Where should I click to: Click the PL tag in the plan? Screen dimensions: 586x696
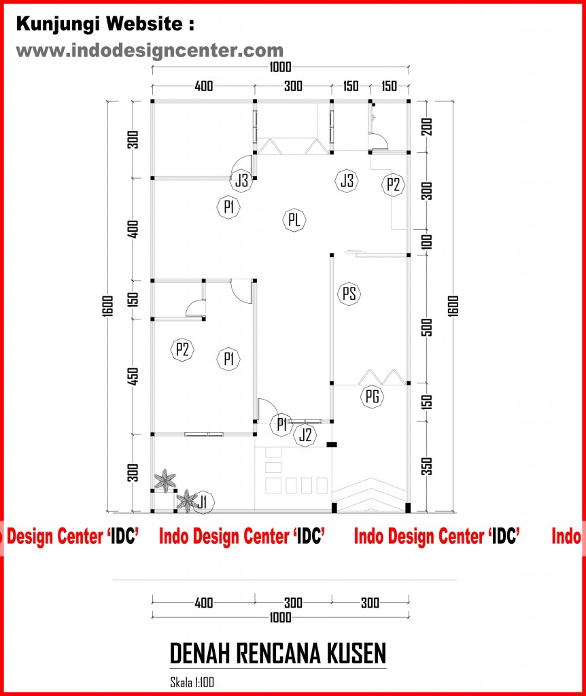tap(294, 220)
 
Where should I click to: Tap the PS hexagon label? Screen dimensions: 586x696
tap(349, 294)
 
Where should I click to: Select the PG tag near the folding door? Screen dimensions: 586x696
tap(372, 396)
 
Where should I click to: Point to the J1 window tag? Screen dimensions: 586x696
tap(203, 502)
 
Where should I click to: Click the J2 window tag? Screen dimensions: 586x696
tap(305, 434)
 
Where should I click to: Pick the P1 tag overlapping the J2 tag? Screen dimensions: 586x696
tap(281, 424)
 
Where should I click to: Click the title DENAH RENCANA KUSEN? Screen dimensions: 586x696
tap(278, 653)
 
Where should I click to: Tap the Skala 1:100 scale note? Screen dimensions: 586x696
tap(192, 682)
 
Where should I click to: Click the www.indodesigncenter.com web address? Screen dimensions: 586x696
tap(150, 50)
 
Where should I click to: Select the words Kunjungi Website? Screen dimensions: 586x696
tap(99, 24)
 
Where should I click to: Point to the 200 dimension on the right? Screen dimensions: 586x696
tap(427, 127)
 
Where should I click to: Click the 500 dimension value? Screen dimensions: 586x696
tap(427, 327)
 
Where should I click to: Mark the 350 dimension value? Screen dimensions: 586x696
tap(427, 466)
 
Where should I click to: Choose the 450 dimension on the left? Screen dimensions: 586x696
tap(133, 377)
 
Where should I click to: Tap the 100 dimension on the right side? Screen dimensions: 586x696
tap(427, 243)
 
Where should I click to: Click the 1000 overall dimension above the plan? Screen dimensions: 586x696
tap(280, 67)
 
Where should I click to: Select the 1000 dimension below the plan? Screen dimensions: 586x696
tap(280, 617)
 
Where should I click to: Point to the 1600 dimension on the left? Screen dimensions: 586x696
tap(108, 306)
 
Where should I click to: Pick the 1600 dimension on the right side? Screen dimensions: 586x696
tap(453, 306)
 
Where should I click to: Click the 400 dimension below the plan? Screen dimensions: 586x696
tap(204, 603)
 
